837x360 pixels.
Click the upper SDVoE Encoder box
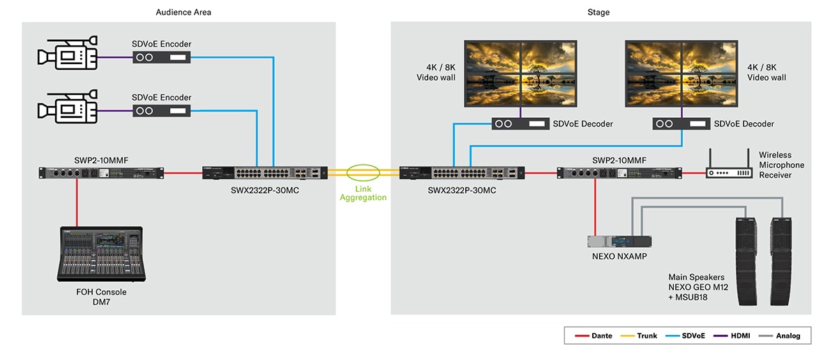coord(162,58)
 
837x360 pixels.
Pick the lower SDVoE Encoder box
coord(162,111)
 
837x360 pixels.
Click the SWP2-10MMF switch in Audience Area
coord(101,172)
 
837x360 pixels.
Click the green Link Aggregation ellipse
coord(363,172)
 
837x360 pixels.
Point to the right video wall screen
coord(681,73)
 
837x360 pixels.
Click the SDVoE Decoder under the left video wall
coord(519,123)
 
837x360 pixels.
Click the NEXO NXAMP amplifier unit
coord(619,241)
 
